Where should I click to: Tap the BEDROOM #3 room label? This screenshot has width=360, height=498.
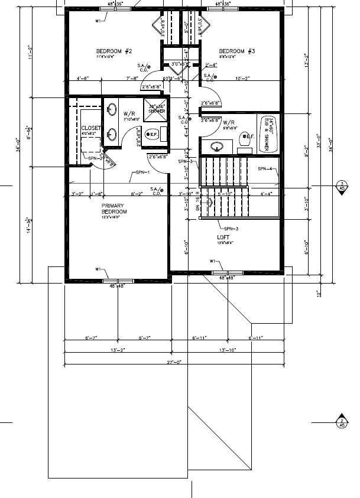pyautogui.click(x=236, y=51)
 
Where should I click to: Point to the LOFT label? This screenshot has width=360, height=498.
pyautogui.click(x=223, y=237)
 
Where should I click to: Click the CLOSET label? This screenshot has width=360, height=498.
pyautogui.click(x=91, y=128)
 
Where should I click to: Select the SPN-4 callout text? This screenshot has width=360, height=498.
pyautogui.click(x=265, y=169)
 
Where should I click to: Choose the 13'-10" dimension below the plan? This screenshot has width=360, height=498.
pyautogui.click(x=227, y=350)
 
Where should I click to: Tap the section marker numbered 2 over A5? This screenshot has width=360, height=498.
pyautogui.click(x=341, y=422)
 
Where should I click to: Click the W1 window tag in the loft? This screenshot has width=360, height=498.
pyautogui.click(x=212, y=261)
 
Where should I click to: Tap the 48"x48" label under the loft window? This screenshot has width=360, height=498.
pyautogui.click(x=228, y=277)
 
